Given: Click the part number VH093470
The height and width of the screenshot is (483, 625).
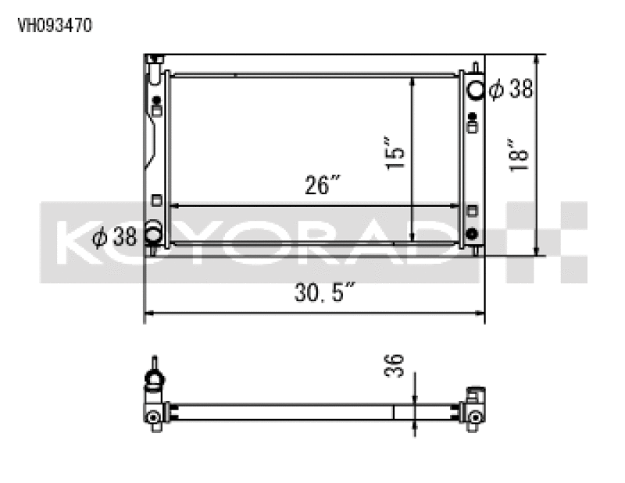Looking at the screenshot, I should [55, 25].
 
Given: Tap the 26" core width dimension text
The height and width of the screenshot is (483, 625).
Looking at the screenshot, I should [323, 186].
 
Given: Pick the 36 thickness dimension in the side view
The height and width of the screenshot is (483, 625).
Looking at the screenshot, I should [396, 366].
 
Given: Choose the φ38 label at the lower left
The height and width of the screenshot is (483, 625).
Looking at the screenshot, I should [114, 236].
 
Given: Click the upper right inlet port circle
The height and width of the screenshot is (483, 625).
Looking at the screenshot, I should [475, 89].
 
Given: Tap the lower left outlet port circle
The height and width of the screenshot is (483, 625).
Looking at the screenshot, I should [153, 234].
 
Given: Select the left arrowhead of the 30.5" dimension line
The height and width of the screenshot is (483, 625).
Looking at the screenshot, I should [148, 314].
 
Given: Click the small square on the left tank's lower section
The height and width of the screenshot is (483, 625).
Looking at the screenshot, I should [155, 200].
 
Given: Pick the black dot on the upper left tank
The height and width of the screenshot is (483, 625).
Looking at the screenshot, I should [157, 100].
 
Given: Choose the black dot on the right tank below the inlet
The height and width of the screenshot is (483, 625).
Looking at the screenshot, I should [472, 117].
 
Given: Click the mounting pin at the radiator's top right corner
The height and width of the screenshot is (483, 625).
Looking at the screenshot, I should [474, 66].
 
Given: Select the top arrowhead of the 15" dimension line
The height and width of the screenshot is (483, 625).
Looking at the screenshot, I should [412, 81].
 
